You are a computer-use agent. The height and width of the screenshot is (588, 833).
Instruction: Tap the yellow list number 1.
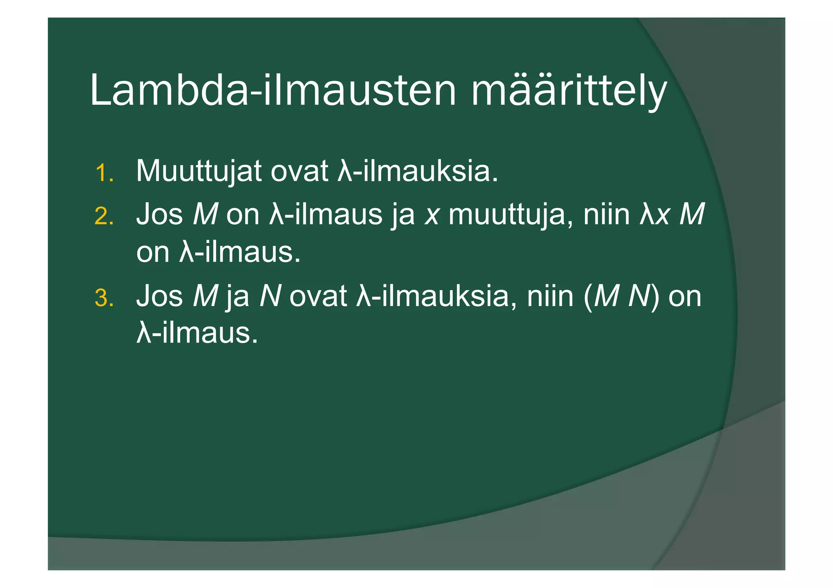pyautogui.click(x=104, y=174)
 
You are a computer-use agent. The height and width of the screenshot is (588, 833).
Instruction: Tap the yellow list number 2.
pyautogui.click(x=104, y=216)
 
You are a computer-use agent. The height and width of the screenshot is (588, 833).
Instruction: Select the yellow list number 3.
pyautogui.click(x=104, y=298)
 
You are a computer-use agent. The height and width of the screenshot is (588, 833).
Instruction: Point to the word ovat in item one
pyautogui.click(x=299, y=171)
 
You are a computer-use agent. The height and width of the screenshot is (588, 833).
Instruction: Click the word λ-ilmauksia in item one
pyautogui.click(x=418, y=171)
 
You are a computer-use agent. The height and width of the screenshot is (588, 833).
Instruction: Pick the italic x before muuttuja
pyautogui.click(x=432, y=215)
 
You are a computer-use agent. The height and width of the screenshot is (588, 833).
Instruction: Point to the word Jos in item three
pyautogui.click(x=159, y=296)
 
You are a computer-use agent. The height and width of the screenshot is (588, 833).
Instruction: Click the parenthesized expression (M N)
pyautogui.click(x=621, y=297)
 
